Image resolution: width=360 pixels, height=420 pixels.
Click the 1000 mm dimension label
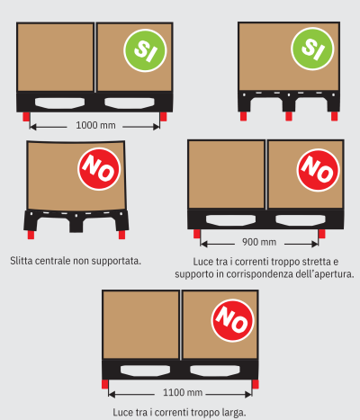(95, 125)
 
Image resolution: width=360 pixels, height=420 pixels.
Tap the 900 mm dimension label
(259, 242)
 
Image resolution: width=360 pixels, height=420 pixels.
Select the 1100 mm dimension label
(183, 392)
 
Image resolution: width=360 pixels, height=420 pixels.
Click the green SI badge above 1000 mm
(145, 50)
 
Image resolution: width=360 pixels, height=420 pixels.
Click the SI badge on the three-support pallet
(312, 49)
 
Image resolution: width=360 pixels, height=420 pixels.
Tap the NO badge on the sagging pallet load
(99, 169)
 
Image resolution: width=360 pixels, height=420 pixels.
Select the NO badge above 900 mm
(319, 170)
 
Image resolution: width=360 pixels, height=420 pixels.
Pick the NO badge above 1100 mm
(233, 320)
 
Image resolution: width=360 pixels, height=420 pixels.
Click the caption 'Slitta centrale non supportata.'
(76, 261)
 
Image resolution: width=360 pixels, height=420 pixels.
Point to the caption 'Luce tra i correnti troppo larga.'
(179, 413)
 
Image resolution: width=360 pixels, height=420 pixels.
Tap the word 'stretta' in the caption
(315, 262)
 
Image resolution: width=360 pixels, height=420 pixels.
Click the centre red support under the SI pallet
(289, 116)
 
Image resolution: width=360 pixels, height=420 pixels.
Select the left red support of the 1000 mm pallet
(26, 116)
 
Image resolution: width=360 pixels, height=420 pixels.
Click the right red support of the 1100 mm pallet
(256, 384)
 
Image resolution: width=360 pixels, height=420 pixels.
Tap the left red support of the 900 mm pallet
(197, 234)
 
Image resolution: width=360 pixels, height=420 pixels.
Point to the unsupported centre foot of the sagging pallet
(76, 226)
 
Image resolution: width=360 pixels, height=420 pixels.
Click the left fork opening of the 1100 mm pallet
(145, 371)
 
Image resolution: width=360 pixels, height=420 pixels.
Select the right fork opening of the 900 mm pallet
(301, 220)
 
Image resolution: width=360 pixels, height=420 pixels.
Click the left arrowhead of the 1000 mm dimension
(32, 127)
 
